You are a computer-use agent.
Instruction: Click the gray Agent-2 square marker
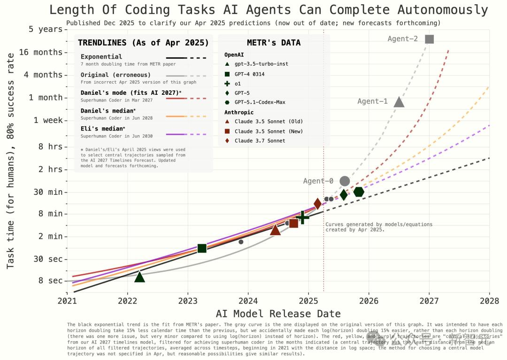coord(429,39)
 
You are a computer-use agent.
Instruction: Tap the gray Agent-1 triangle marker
coord(399,102)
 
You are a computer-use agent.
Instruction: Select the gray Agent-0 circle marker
coord(345,181)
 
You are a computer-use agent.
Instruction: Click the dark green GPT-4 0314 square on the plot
coord(202,248)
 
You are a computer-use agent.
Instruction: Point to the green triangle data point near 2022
coord(139,277)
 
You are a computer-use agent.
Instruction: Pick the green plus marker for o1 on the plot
coord(303,217)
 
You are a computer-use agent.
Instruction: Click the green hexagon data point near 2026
coord(359,191)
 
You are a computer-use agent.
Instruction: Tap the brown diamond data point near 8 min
coord(317,204)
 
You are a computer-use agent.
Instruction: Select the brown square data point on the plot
coord(293,223)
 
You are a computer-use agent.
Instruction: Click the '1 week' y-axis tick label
coord(48,120)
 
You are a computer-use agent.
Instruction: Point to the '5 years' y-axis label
coord(46,29)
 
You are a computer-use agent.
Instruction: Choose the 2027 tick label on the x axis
coord(429,300)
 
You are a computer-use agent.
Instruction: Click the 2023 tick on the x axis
coord(188,300)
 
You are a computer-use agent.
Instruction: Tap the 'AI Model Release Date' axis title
coord(278,314)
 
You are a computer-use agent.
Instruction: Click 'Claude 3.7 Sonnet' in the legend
coord(260,141)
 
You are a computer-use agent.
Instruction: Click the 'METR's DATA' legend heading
coord(274,43)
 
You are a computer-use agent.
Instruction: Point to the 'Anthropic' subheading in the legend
coord(239,113)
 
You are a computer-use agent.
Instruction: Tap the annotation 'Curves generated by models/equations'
coord(379,224)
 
